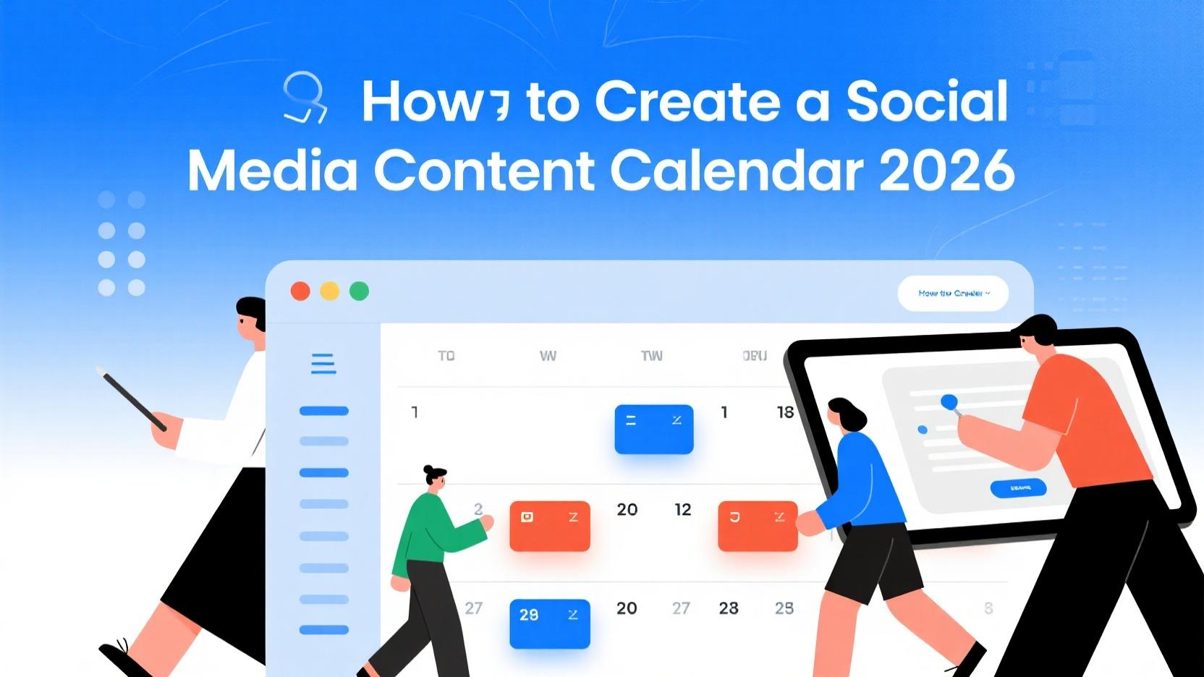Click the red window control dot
coord(300,291)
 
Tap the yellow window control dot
coord(330,291)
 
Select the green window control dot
coord(360,291)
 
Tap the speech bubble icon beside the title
coord(305,98)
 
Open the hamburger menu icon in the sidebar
coord(323,364)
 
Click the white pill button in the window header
coord(953,294)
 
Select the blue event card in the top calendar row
coord(654,429)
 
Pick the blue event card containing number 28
coord(550,623)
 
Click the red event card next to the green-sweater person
coord(550,526)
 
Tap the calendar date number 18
coord(785,412)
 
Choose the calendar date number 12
coord(683,510)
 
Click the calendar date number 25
coord(784,608)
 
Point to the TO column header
coord(446,356)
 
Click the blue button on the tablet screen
coord(1018,488)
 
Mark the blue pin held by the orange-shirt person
coord(949,401)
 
